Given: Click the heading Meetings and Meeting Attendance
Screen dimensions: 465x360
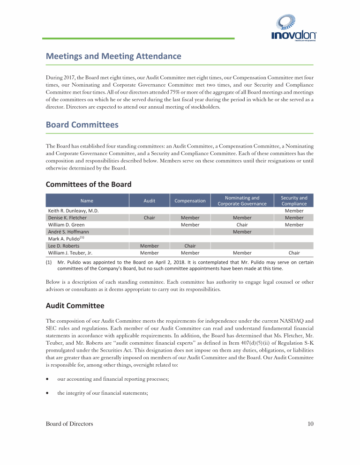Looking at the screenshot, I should tap(113, 56).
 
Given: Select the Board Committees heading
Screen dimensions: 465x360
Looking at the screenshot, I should tap(82, 125).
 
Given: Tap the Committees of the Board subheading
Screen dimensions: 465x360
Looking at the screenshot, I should tap(88, 184).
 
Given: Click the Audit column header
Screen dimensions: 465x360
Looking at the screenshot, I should tap(149, 200).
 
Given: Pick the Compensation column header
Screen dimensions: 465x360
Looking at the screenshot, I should tap(190, 200).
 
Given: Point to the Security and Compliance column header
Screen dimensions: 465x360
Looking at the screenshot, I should tap(294, 200).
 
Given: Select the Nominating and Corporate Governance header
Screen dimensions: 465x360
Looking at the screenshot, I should tap(242, 200).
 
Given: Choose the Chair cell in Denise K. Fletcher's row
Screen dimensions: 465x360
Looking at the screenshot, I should tap(149, 218).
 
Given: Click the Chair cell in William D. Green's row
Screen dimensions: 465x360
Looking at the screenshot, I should tap(242, 225).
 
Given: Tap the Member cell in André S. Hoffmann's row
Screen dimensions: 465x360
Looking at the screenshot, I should tap(242, 232).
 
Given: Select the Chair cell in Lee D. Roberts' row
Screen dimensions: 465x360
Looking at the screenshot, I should tap(190, 246).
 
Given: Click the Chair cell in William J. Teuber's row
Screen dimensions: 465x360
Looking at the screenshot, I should tap(294, 253).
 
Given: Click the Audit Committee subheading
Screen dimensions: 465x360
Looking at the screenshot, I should tap(75, 306).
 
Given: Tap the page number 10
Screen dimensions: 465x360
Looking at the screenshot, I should tap(310, 424).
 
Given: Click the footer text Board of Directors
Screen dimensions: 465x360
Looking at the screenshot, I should tap(69, 424).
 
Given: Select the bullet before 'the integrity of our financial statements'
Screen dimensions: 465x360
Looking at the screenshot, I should tap(47, 393).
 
